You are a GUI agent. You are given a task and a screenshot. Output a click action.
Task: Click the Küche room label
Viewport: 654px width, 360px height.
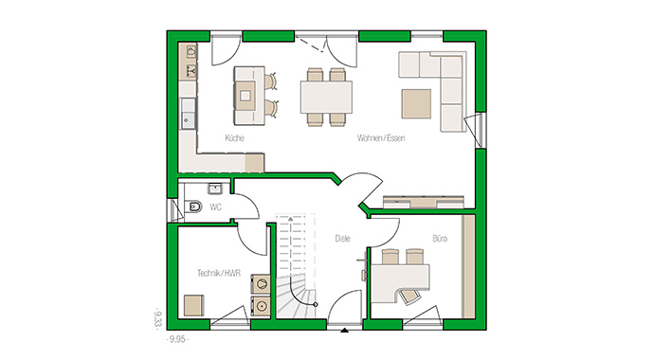tap(235, 138)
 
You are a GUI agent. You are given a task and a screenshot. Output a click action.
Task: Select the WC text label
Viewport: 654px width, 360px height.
tap(216, 207)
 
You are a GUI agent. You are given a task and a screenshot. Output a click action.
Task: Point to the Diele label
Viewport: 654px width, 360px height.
tap(343, 239)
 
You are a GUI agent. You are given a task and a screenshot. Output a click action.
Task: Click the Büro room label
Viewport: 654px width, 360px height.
tap(440, 239)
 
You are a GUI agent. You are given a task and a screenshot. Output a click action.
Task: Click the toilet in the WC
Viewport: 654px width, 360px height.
tap(193, 207)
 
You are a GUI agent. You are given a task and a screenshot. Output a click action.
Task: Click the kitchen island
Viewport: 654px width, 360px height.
tap(247, 95)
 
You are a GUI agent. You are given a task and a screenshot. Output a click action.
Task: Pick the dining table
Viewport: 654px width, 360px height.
tap(326, 96)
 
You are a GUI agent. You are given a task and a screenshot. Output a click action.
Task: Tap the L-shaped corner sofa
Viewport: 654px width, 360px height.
tap(445, 81)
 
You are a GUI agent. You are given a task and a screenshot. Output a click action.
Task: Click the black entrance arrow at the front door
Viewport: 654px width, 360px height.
tap(343, 331)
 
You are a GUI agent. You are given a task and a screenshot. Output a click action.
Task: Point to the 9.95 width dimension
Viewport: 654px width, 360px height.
tap(177, 338)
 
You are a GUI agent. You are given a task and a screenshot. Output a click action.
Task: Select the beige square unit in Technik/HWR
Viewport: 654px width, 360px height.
tap(194, 306)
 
